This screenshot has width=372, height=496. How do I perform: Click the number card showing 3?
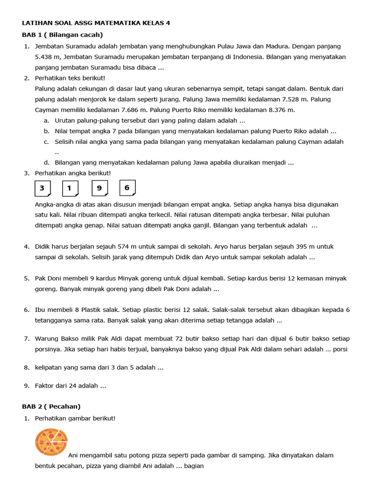43,188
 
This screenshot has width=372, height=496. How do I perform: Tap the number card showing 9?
99,188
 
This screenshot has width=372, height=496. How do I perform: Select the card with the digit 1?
70,188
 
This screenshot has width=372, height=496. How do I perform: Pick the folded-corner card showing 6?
127,187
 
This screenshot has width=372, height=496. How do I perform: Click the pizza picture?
51,442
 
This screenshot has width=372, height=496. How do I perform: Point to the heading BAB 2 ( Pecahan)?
51,406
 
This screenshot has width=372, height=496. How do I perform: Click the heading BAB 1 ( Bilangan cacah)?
62,34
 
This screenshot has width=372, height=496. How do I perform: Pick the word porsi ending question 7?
340,349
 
